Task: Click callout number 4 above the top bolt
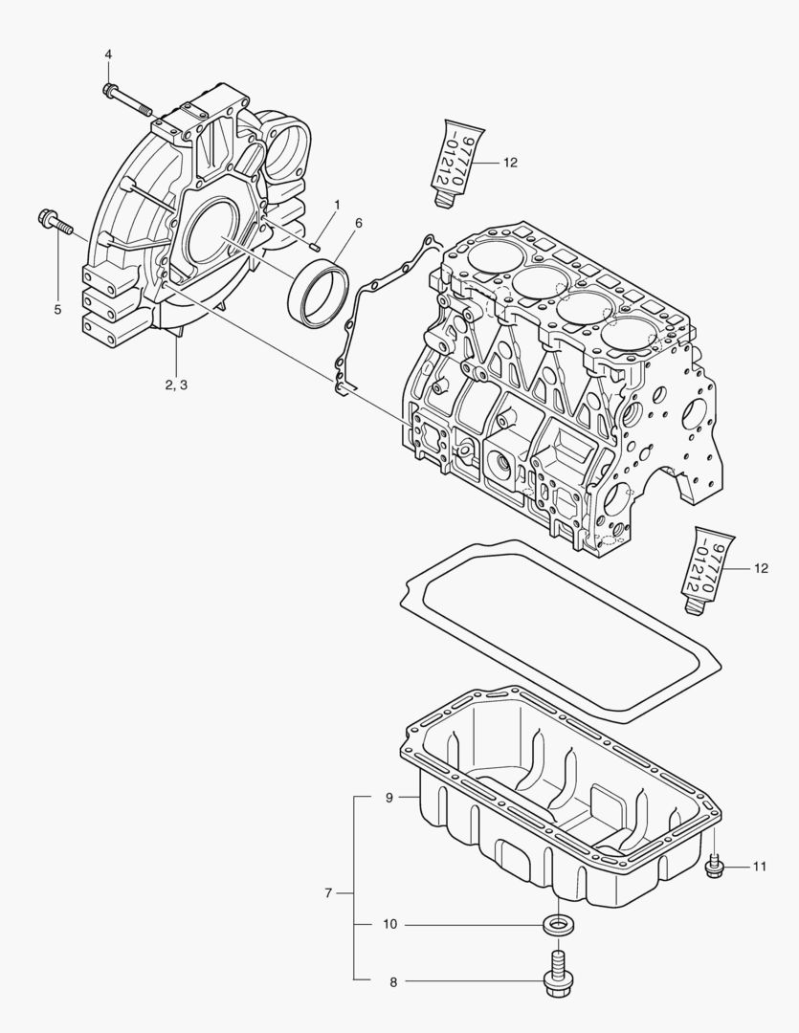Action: click(x=108, y=55)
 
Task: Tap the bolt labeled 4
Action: click(x=125, y=99)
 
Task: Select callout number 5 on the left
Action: click(x=56, y=309)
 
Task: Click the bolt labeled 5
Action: click(x=55, y=222)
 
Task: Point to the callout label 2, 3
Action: click(x=176, y=385)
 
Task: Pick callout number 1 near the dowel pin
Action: click(x=337, y=206)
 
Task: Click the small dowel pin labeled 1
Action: click(x=315, y=246)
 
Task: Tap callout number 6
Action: click(x=359, y=223)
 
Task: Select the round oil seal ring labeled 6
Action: click(x=316, y=288)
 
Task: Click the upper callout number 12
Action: click(x=509, y=164)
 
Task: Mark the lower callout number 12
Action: click(x=761, y=568)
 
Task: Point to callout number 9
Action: click(x=389, y=797)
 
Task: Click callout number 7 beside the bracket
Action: click(x=328, y=893)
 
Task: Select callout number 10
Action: click(x=389, y=925)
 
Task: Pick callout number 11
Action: click(x=759, y=868)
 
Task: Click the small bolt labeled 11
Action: click(x=714, y=867)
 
